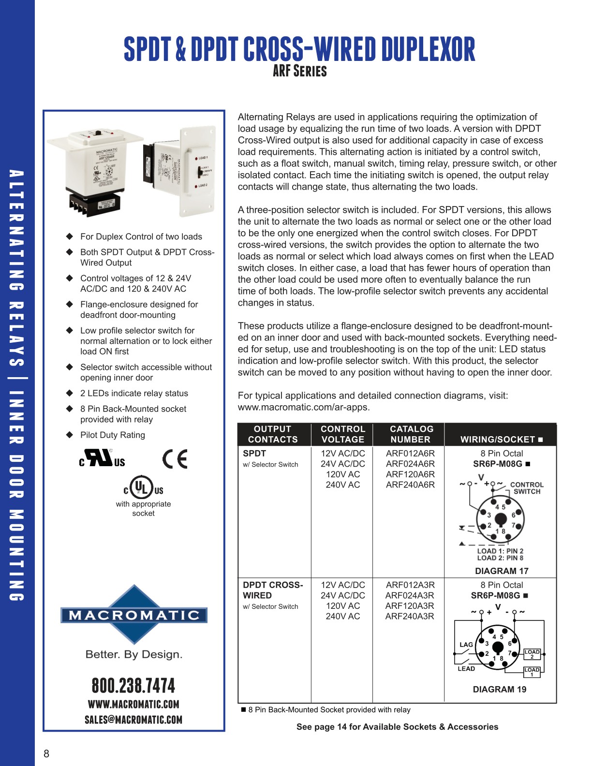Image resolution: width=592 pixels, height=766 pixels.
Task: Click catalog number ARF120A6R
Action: [410, 474]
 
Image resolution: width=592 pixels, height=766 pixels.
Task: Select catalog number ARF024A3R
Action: [410, 595]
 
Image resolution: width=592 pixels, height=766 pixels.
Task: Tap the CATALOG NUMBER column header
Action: [411, 434]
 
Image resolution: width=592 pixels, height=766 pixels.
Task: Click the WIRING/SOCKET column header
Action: [501, 440]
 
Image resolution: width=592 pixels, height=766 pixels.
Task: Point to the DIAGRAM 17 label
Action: [502, 571]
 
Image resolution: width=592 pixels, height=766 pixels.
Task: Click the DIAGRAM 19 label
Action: [499, 690]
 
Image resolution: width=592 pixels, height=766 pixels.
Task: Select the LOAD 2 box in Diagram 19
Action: [532, 654]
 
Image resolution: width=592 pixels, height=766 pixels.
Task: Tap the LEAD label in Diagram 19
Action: [466, 669]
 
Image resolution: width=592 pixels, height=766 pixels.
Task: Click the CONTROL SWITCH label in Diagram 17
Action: [527, 488]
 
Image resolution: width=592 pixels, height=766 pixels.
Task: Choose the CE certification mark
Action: [175, 459]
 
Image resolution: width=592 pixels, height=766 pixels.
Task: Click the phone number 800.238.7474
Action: [133, 686]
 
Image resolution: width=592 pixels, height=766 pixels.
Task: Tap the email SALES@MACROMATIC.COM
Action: [133, 720]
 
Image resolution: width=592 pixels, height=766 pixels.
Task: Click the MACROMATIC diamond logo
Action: [134, 615]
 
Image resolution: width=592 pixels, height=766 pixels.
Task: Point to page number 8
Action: [46, 753]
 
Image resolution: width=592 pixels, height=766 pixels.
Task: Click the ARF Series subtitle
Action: [299, 71]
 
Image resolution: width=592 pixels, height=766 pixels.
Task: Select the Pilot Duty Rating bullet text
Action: [112, 435]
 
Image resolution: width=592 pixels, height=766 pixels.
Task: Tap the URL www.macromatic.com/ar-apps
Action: [303, 407]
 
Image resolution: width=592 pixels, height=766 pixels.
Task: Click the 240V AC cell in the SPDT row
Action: [342, 485]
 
